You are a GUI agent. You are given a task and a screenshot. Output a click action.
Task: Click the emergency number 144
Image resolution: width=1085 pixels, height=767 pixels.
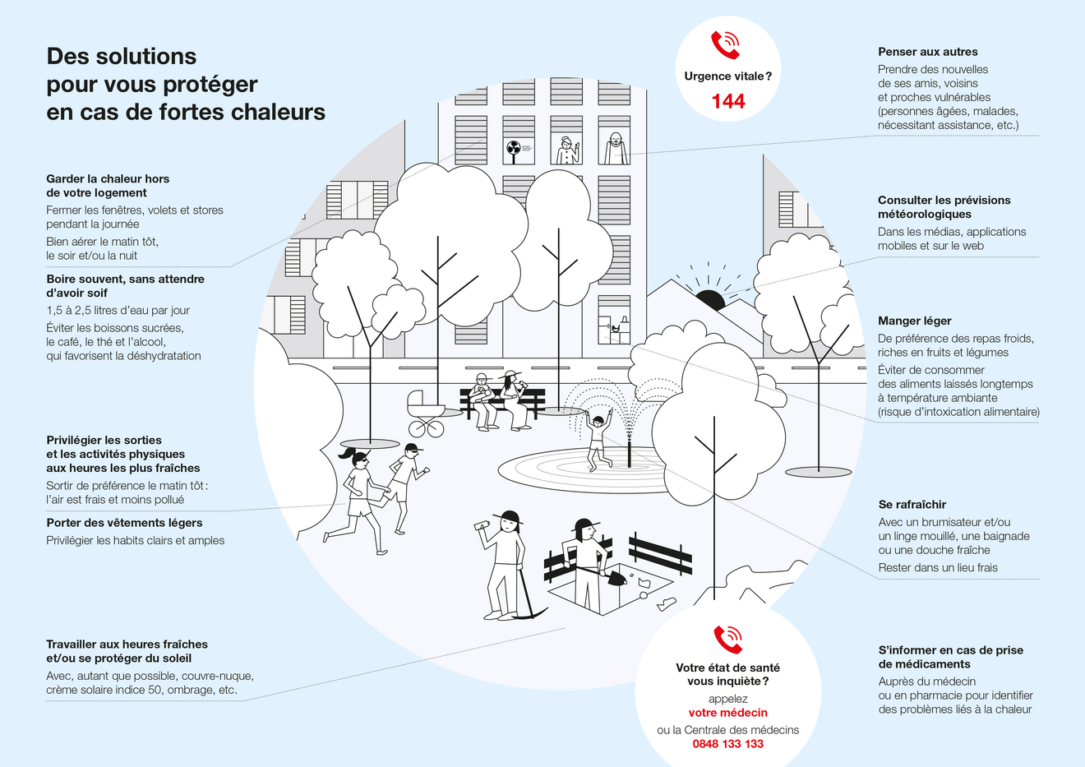coord(728,101)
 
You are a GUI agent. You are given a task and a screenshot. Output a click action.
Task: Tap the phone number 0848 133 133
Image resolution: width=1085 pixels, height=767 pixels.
coord(727,744)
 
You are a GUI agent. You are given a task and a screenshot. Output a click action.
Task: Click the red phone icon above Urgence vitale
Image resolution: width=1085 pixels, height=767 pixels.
coord(725,45)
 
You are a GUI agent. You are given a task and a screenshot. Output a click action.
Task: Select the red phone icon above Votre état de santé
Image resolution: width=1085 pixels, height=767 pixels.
coord(727,640)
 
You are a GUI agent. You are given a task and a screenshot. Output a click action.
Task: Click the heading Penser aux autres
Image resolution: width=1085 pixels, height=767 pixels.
coord(927,52)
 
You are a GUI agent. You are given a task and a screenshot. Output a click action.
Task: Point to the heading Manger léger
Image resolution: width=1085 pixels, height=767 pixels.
coord(914,321)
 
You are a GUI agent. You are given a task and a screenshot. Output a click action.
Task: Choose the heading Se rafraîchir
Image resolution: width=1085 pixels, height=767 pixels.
coord(912,505)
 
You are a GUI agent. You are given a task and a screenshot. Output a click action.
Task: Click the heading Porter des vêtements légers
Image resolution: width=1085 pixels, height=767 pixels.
coord(124,523)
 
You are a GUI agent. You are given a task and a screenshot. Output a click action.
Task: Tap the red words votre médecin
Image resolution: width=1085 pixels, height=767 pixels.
coord(727,713)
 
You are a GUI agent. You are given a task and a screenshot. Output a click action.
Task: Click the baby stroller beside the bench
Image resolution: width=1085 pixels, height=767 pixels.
coord(426,414)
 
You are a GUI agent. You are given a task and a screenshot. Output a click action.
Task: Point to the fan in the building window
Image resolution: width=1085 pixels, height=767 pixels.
coord(514,149)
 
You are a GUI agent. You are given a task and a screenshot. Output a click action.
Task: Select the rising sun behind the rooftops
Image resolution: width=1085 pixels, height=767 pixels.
coord(710,298)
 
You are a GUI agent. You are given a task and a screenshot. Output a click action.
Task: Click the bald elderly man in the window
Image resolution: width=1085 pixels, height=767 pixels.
coord(615,148)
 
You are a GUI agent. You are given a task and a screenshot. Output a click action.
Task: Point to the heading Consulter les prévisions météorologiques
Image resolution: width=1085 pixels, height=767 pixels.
coord(944,207)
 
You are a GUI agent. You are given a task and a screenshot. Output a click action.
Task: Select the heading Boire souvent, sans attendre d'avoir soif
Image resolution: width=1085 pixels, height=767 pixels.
coord(125,286)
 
